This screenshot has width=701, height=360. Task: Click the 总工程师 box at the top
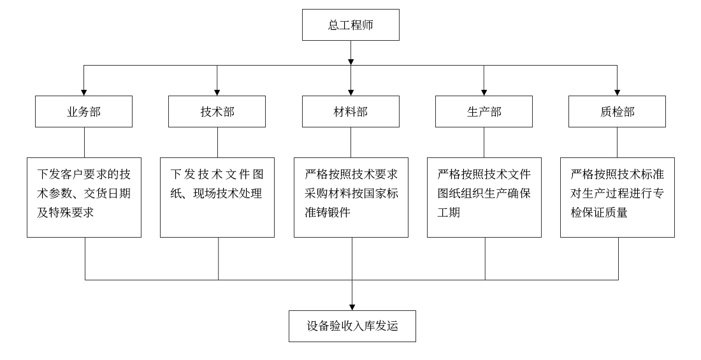pyautogui.click(x=350, y=25)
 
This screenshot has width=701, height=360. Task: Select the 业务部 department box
pyautogui.click(x=83, y=112)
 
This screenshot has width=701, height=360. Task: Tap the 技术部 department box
pyautogui.click(x=217, y=112)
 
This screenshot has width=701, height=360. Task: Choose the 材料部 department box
pyautogui.click(x=350, y=112)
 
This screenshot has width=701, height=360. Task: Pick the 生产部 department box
pyautogui.click(x=484, y=112)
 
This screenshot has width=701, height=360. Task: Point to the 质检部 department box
pyautogui.click(x=617, y=112)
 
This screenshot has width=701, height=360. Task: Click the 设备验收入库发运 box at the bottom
pyautogui.click(x=352, y=326)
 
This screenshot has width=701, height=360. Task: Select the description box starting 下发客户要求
pyautogui.click(x=83, y=198)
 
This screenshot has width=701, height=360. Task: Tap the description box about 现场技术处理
pyautogui.click(x=217, y=198)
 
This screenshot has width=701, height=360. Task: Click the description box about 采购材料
pyautogui.click(x=350, y=198)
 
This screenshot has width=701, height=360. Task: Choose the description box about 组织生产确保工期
pyautogui.click(x=484, y=198)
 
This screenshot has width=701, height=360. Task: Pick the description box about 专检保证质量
pyautogui.click(x=617, y=198)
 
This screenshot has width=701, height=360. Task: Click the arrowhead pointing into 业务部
pyautogui.click(x=83, y=92)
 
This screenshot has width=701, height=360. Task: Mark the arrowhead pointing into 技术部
pyautogui.click(x=217, y=92)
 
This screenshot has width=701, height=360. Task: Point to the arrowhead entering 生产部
pyautogui.click(x=484, y=92)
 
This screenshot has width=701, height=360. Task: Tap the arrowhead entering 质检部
pyautogui.click(x=617, y=92)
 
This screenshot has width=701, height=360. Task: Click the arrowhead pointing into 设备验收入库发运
pyautogui.click(x=352, y=306)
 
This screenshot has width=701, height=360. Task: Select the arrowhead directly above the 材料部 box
pyautogui.click(x=350, y=92)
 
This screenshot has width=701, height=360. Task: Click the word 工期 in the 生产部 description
pyautogui.click(x=449, y=213)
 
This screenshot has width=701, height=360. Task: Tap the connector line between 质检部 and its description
pyautogui.click(x=617, y=142)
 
